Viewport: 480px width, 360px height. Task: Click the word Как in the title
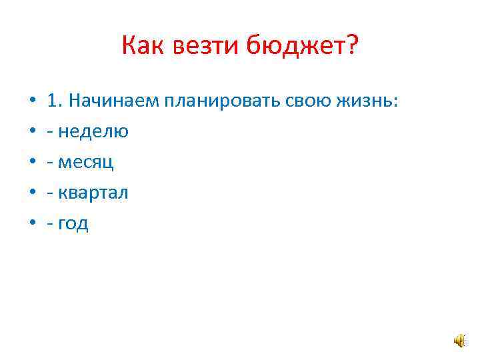143,47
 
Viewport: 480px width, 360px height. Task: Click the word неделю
93,131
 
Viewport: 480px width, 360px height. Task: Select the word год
73,224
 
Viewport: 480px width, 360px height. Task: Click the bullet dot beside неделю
32,132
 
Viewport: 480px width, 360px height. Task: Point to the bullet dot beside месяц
32,163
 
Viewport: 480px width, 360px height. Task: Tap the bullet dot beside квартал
32,193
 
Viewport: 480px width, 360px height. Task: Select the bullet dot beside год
32,224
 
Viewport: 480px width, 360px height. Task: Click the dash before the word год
51,225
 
